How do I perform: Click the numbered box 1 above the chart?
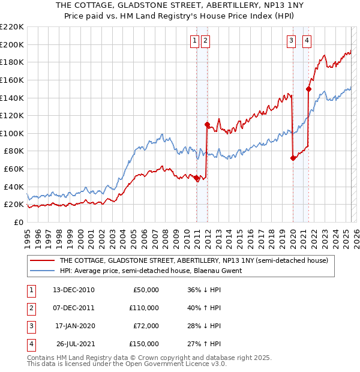195,41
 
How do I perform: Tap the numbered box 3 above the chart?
291,41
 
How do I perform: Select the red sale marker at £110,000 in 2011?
206,125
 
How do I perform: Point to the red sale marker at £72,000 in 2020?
293,158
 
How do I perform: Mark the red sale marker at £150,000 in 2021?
308,89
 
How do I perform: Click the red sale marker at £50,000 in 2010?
196,178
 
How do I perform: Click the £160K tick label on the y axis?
12,80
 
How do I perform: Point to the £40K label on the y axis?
14,187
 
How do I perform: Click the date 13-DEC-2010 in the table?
74,290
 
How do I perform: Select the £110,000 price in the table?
144,308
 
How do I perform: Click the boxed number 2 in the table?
31,308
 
